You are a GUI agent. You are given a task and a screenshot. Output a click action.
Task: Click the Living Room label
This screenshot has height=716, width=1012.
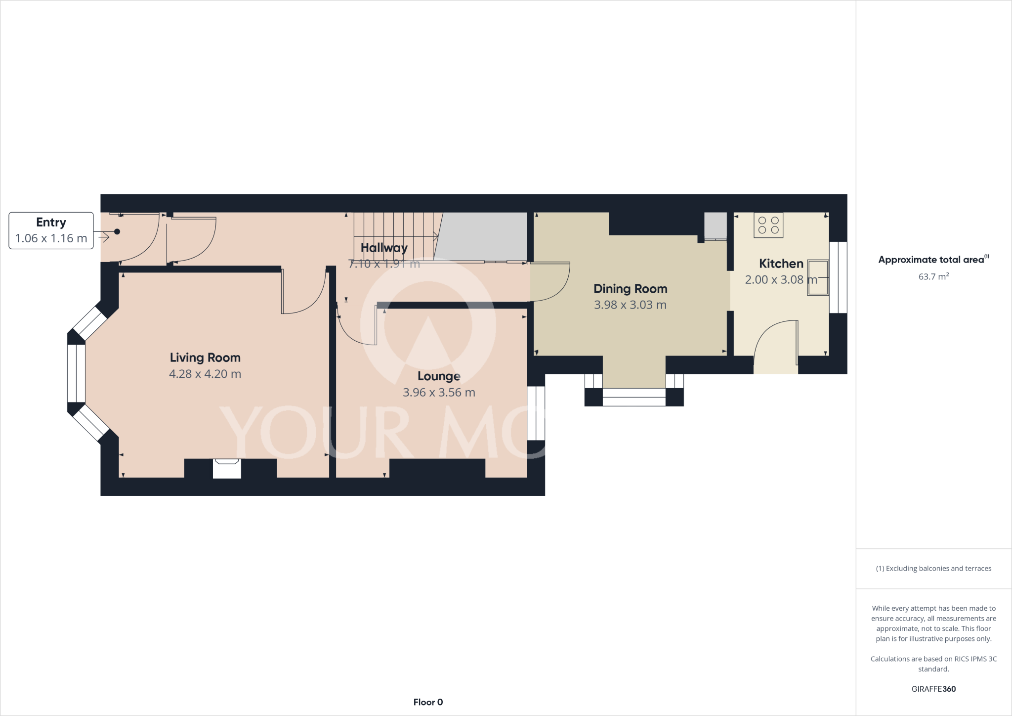point(205,358)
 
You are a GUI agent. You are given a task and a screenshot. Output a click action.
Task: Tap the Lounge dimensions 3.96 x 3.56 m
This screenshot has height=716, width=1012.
point(439,393)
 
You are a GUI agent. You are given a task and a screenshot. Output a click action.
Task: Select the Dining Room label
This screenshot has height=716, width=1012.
point(630,289)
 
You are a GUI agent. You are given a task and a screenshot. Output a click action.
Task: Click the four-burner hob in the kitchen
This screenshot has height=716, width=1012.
point(768,225)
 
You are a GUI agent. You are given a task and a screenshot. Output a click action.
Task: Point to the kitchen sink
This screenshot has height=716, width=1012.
point(818,277)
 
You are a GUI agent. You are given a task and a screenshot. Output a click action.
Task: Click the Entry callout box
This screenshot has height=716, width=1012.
point(51,230)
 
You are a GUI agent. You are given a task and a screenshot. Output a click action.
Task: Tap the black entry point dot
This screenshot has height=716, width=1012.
point(117,231)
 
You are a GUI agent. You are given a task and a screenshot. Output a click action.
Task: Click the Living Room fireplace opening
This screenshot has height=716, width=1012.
point(227,468)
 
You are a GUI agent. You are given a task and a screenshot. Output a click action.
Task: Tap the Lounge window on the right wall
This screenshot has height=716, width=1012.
point(536,413)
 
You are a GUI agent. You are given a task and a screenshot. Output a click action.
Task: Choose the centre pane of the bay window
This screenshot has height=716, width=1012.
point(76,373)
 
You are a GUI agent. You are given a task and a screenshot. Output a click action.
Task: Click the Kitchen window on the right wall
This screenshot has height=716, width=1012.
point(838,277)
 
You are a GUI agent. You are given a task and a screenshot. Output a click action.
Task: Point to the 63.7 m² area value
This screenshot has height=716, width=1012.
point(933,277)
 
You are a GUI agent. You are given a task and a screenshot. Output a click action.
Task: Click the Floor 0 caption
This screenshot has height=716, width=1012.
point(428,702)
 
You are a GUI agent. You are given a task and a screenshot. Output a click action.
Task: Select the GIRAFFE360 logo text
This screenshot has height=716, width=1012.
point(933,689)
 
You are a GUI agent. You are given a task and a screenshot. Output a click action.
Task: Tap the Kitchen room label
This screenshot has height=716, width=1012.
point(781,264)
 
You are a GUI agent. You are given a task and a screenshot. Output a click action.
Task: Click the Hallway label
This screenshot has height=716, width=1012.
point(384,248)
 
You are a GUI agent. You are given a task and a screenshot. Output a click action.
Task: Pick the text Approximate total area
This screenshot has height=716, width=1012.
point(931,260)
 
